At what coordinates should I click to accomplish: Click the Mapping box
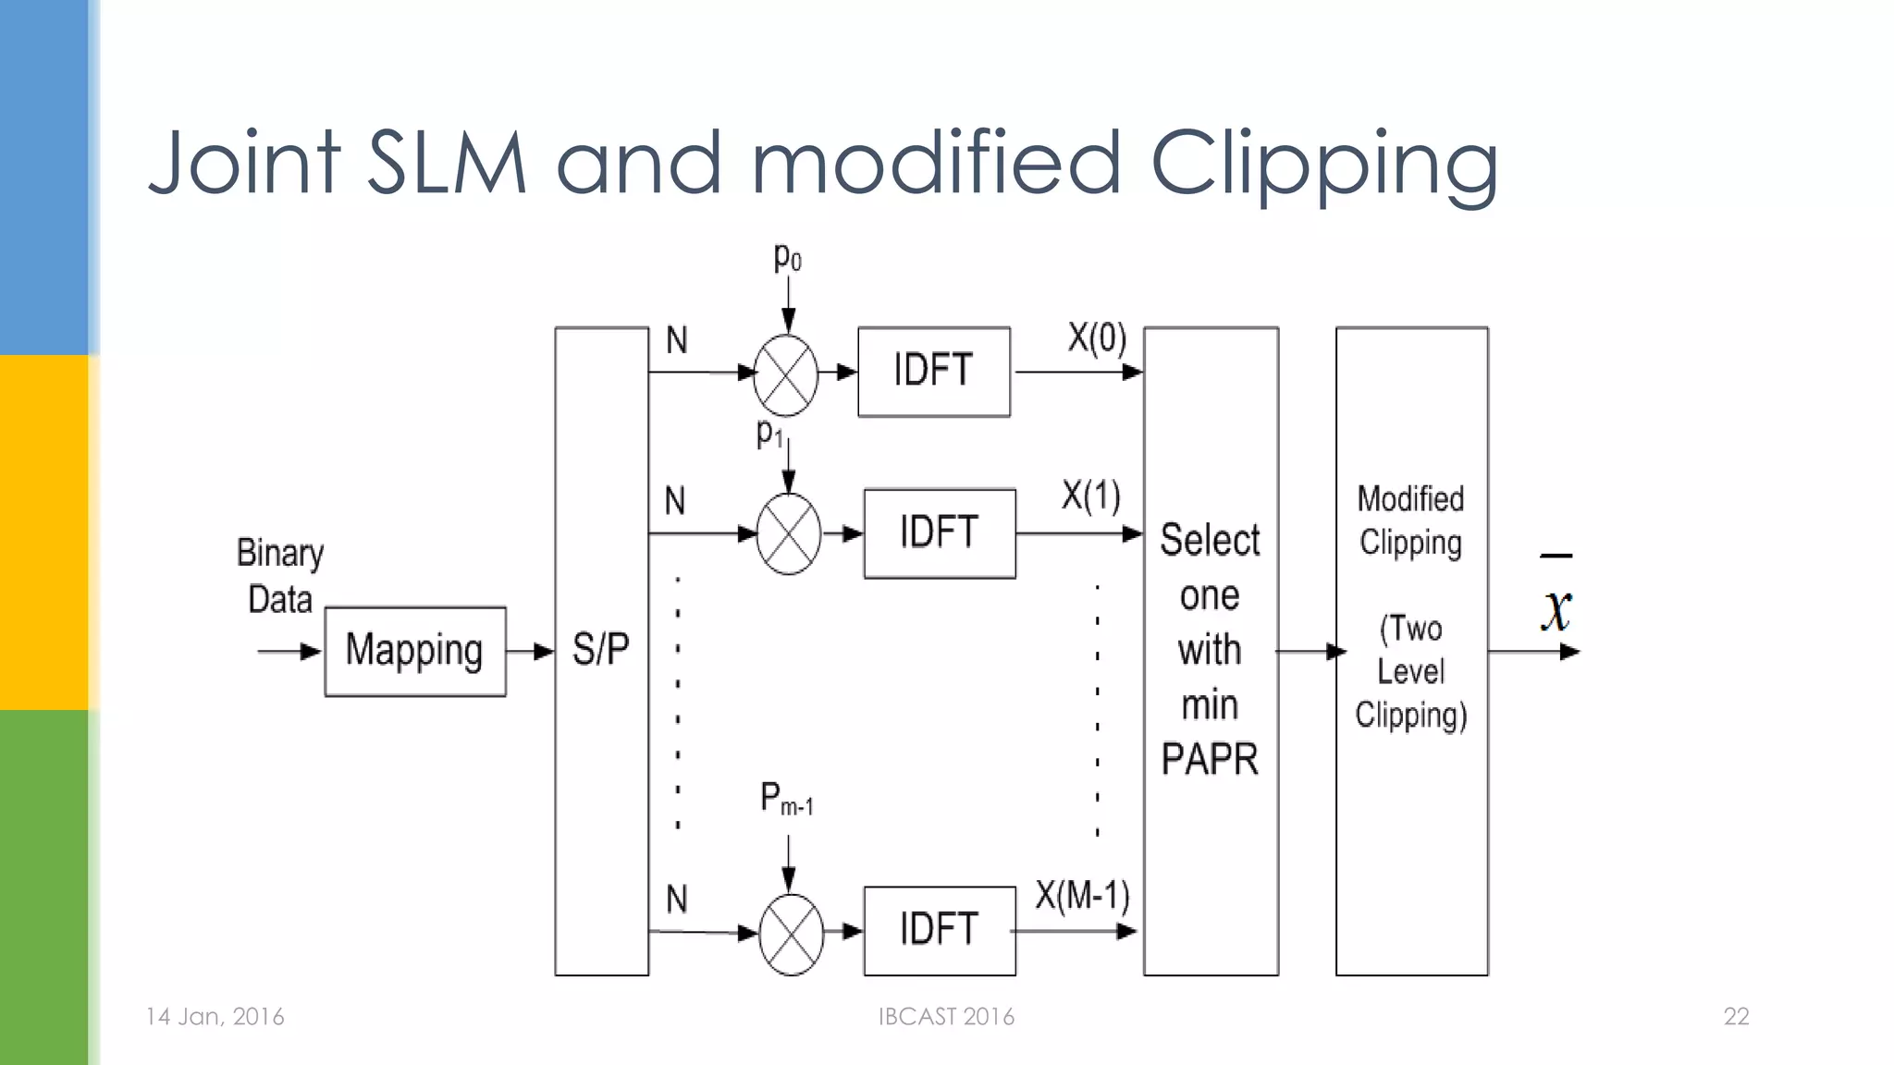pyautogui.click(x=415, y=651)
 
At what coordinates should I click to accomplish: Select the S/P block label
pyautogui.click(x=601, y=649)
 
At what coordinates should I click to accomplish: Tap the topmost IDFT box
pyautogui.click(x=933, y=372)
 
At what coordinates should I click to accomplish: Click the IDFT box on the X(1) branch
pyautogui.click(x=939, y=533)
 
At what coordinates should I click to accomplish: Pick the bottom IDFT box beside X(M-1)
pyautogui.click(x=939, y=930)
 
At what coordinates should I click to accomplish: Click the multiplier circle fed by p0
pyautogui.click(x=786, y=375)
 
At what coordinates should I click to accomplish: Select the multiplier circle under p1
pyautogui.click(x=789, y=534)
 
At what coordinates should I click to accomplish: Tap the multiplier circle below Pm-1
pyautogui.click(x=791, y=934)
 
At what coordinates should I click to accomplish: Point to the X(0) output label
pyautogui.click(x=1097, y=338)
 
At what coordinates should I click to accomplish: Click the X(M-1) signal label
pyautogui.click(x=1082, y=895)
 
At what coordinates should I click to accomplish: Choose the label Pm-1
pyautogui.click(x=786, y=799)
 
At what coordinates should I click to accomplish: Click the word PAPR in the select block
pyautogui.click(x=1210, y=760)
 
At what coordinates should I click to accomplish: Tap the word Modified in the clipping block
pyautogui.click(x=1410, y=499)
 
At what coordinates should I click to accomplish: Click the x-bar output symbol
pyautogui.click(x=1557, y=601)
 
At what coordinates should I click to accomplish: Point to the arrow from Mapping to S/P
pyautogui.click(x=530, y=652)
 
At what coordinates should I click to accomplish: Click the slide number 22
pyautogui.click(x=1736, y=1017)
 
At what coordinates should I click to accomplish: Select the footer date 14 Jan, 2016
pyautogui.click(x=215, y=1017)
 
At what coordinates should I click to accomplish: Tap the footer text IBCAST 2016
pyautogui.click(x=946, y=1017)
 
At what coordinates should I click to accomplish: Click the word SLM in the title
pyautogui.click(x=447, y=164)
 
